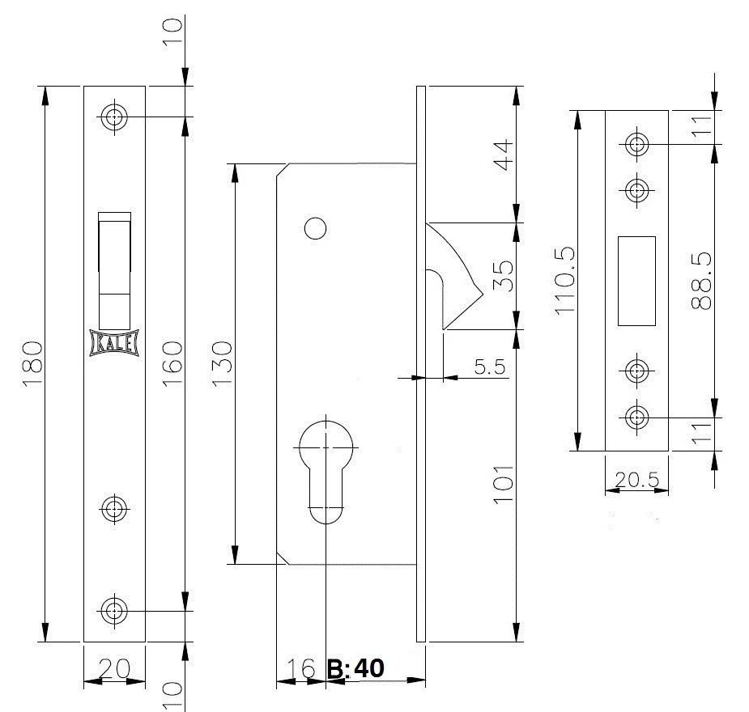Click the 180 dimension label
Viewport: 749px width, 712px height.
click(33, 363)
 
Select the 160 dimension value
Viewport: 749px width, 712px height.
click(172, 363)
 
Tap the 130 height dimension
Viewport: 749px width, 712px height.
click(222, 363)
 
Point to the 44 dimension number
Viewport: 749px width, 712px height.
click(503, 155)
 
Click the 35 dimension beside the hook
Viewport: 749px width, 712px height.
click(503, 276)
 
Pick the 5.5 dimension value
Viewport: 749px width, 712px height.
click(490, 367)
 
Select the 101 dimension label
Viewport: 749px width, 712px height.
click(503, 484)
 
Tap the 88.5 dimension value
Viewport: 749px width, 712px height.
click(701, 281)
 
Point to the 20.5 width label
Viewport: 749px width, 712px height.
click(636, 480)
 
